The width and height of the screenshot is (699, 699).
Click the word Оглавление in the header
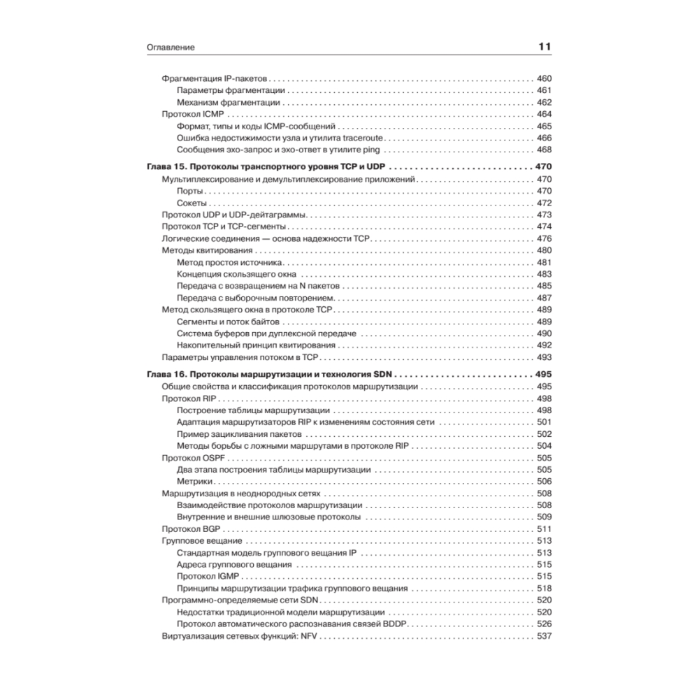tap(171, 48)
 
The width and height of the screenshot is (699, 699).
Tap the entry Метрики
tap(194, 482)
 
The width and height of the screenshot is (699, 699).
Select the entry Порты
tap(191, 191)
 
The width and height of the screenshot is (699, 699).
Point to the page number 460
tap(544, 78)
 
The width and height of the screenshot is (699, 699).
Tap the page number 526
tap(544, 624)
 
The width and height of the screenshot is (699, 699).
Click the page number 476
tap(544, 238)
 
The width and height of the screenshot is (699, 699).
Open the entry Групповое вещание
tap(202, 540)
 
